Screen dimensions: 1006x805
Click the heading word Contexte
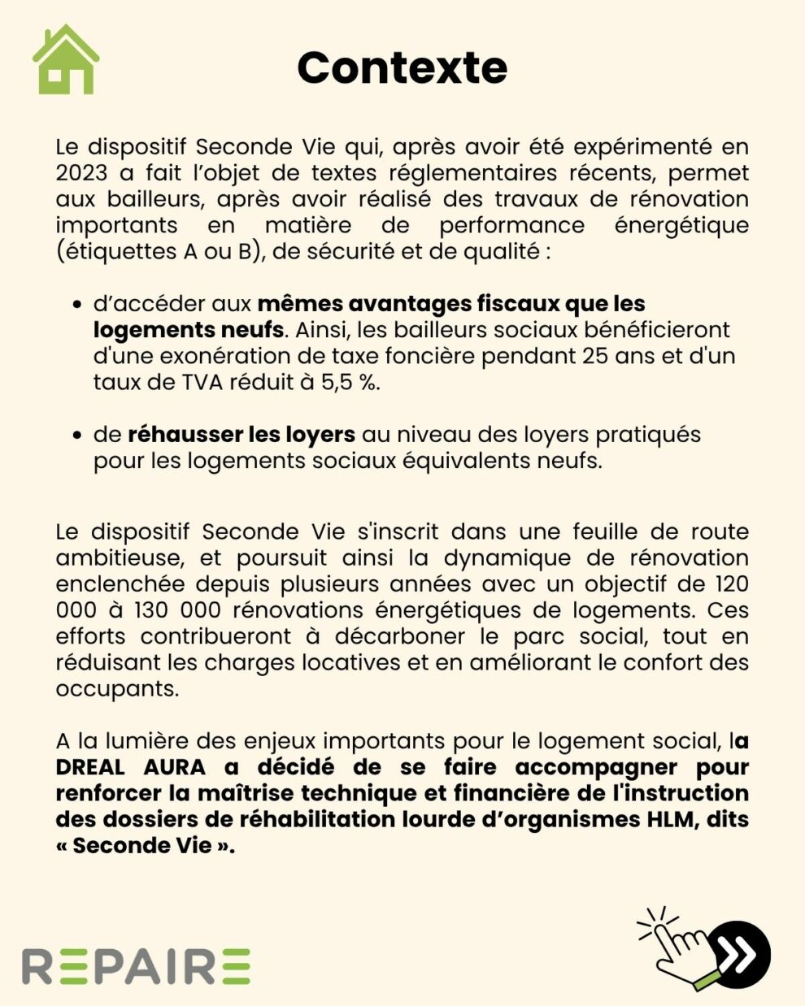[x=402, y=67]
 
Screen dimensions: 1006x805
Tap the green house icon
[x=66, y=60]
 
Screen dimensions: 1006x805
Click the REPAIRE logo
[x=136, y=965]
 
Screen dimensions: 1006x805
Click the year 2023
[x=81, y=173]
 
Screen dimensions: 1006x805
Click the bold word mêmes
[x=298, y=304]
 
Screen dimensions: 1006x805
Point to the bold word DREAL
[x=90, y=767]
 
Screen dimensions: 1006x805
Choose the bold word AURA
[x=175, y=767]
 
